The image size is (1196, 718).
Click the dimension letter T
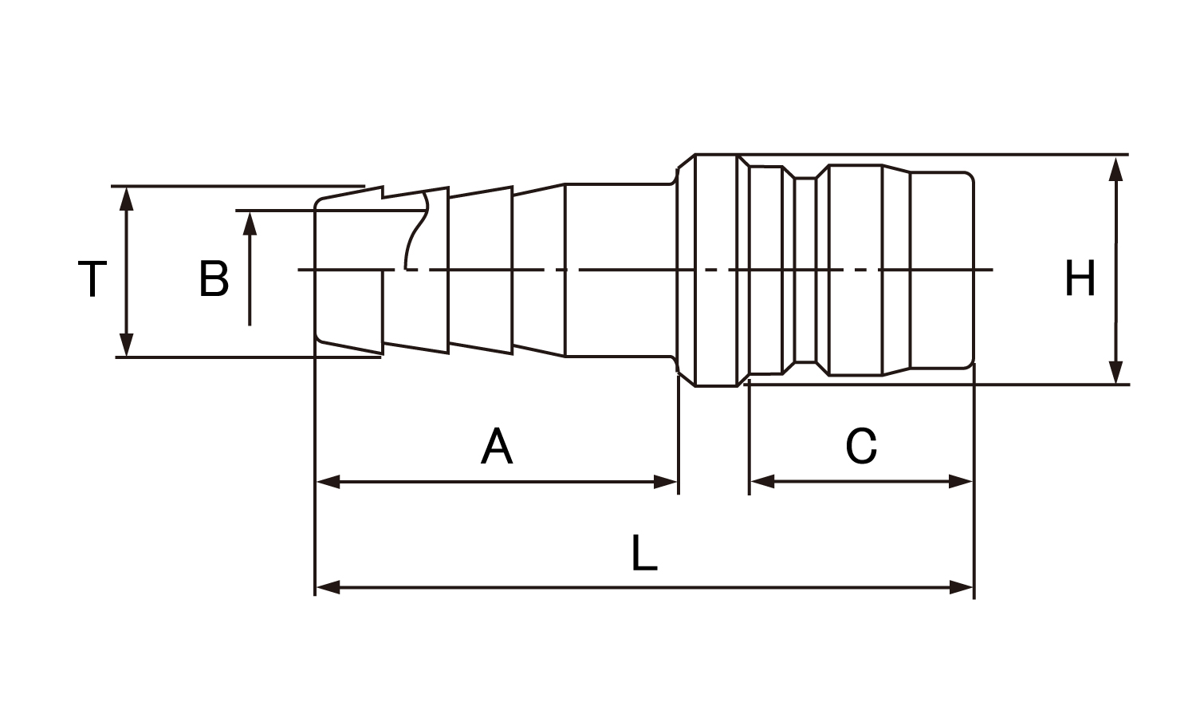92,279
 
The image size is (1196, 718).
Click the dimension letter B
214,279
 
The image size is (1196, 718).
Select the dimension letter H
1080,279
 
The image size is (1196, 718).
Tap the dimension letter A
497,447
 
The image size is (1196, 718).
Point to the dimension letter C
861,447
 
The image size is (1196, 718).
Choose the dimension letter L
643,554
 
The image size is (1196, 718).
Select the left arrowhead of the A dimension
329,482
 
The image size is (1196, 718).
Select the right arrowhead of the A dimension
665,482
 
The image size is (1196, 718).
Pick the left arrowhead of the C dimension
762,482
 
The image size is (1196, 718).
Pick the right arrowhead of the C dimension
961,482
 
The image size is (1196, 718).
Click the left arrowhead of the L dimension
329,588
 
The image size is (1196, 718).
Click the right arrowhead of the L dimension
962,588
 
